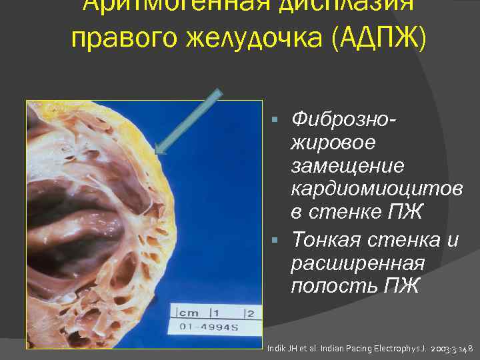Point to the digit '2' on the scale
[250, 312]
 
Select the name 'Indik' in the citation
[276, 348]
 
